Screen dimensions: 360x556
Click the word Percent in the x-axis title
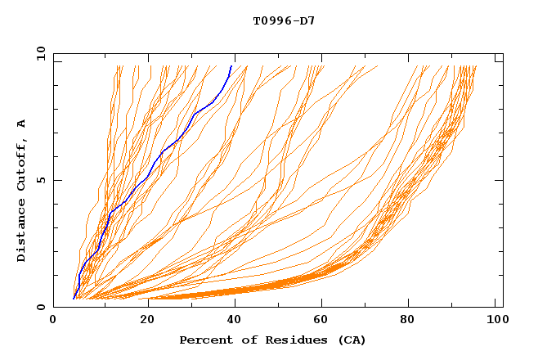[204, 340]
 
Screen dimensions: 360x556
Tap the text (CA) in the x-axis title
[352, 340]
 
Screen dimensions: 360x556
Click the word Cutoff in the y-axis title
[21, 164]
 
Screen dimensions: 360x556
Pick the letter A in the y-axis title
[21, 124]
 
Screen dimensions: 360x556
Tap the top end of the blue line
[231, 65]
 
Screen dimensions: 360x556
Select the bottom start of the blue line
[74, 299]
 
